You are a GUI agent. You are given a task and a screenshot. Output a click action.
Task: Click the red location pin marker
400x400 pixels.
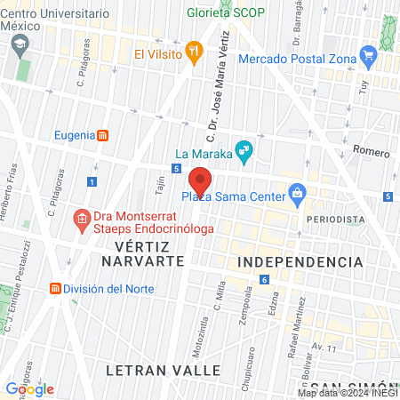(200, 180)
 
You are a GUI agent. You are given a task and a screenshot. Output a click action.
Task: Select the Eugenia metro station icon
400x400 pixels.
(104, 135)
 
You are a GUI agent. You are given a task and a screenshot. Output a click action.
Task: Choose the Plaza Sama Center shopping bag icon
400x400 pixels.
(297, 193)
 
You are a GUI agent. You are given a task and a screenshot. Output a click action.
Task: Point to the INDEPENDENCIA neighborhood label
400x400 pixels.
(300, 262)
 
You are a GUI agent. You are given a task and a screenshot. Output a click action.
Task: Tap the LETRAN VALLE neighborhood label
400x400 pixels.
(148, 367)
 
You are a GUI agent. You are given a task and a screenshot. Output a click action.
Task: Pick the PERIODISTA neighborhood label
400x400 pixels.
(334, 219)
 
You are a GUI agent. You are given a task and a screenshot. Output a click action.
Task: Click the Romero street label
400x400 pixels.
(371, 153)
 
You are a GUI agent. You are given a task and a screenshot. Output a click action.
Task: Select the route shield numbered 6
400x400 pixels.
(264, 281)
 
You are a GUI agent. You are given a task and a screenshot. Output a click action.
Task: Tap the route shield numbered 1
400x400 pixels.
(92, 182)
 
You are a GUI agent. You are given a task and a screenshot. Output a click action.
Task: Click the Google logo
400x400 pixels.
(29, 388)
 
